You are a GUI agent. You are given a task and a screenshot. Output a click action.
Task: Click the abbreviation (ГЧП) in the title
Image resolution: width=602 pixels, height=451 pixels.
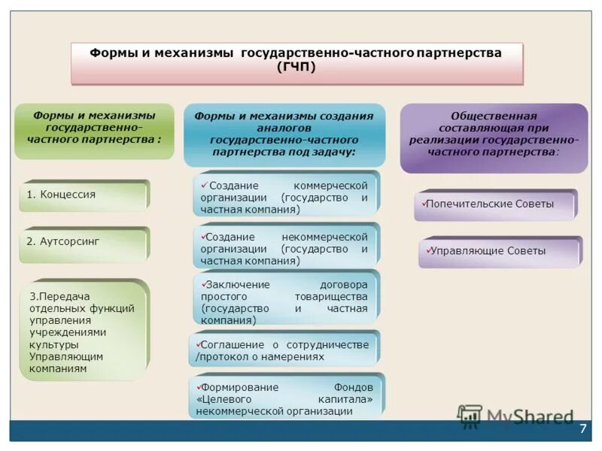(x=296, y=68)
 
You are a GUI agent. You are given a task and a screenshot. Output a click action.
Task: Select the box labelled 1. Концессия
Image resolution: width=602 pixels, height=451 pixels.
(x=83, y=195)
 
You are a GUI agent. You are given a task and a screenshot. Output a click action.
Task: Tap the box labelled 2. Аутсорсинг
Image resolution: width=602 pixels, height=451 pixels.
(x=83, y=243)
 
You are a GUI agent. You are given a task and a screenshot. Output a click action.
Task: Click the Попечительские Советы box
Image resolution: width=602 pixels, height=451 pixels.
(x=495, y=204)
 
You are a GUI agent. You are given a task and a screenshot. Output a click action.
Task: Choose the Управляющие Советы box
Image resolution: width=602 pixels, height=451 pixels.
(x=500, y=252)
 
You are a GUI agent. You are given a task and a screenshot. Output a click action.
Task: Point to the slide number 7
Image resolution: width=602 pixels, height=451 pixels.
(x=582, y=428)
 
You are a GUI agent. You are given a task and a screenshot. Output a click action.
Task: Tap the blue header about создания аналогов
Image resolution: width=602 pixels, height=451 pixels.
(x=284, y=134)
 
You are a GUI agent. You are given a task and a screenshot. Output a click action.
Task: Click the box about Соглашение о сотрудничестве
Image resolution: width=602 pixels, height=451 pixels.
(x=284, y=350)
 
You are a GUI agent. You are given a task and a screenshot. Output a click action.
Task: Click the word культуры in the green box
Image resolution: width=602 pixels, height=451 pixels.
(x=51, y=344)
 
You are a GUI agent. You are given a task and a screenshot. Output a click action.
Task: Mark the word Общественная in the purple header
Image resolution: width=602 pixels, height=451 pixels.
(x=494, y=116)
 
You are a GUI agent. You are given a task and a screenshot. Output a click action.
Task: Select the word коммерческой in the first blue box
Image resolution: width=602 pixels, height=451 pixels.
(x=331, y=186)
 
